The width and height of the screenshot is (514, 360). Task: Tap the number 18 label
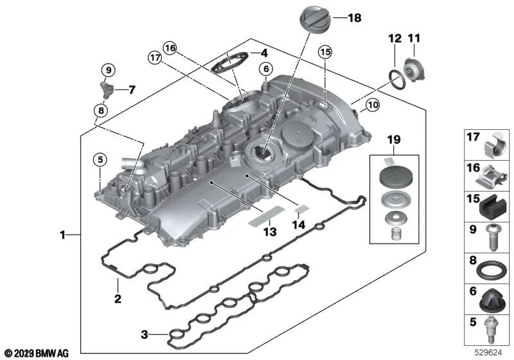pyautogui.click(x=355, y=19)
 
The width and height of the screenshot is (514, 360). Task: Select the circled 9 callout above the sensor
pyautogui.click(x=108, y=69)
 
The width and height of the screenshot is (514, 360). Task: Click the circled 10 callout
pyautogui.click(x=373, y=105)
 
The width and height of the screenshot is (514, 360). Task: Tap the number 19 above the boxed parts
pyautogui.click(x=394, y=139)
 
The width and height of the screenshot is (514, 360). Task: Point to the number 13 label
pyautogui.click(x=270, y=231)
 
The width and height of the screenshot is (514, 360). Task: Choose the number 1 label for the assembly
pyautogui.click(x=64, y=236)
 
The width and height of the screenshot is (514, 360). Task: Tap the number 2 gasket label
pyautogui.click(x=118, y=299)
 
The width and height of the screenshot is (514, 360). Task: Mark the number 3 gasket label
pyautogui.click(x=145, y=334)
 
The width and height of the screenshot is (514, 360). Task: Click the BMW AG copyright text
pyautogui.click(x=36, y=353)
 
